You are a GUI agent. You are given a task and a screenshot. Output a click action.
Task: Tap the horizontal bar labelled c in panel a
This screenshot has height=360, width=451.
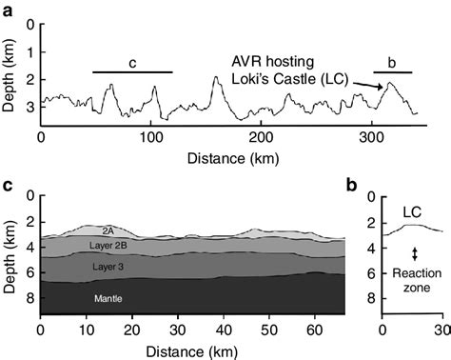point(132,71)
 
